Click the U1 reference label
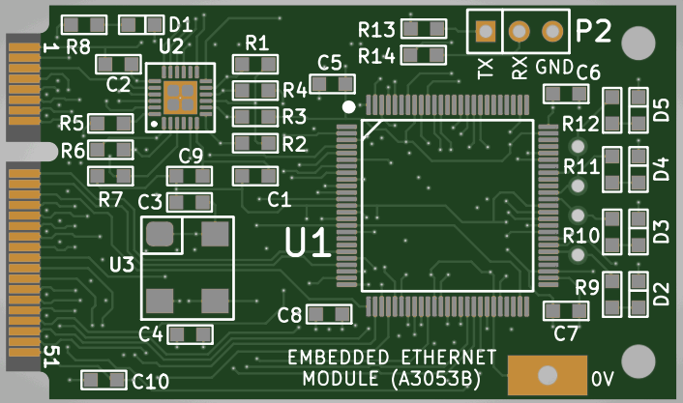(308, 243)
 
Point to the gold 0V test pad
(547, 375)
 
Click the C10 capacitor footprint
(103, 380)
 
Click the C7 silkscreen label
(566, 334)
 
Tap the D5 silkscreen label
(662, 109)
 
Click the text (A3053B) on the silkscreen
(436, 378)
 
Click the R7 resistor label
(110, 200)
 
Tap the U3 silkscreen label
(122, 263)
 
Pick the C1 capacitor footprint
(254, 177)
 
